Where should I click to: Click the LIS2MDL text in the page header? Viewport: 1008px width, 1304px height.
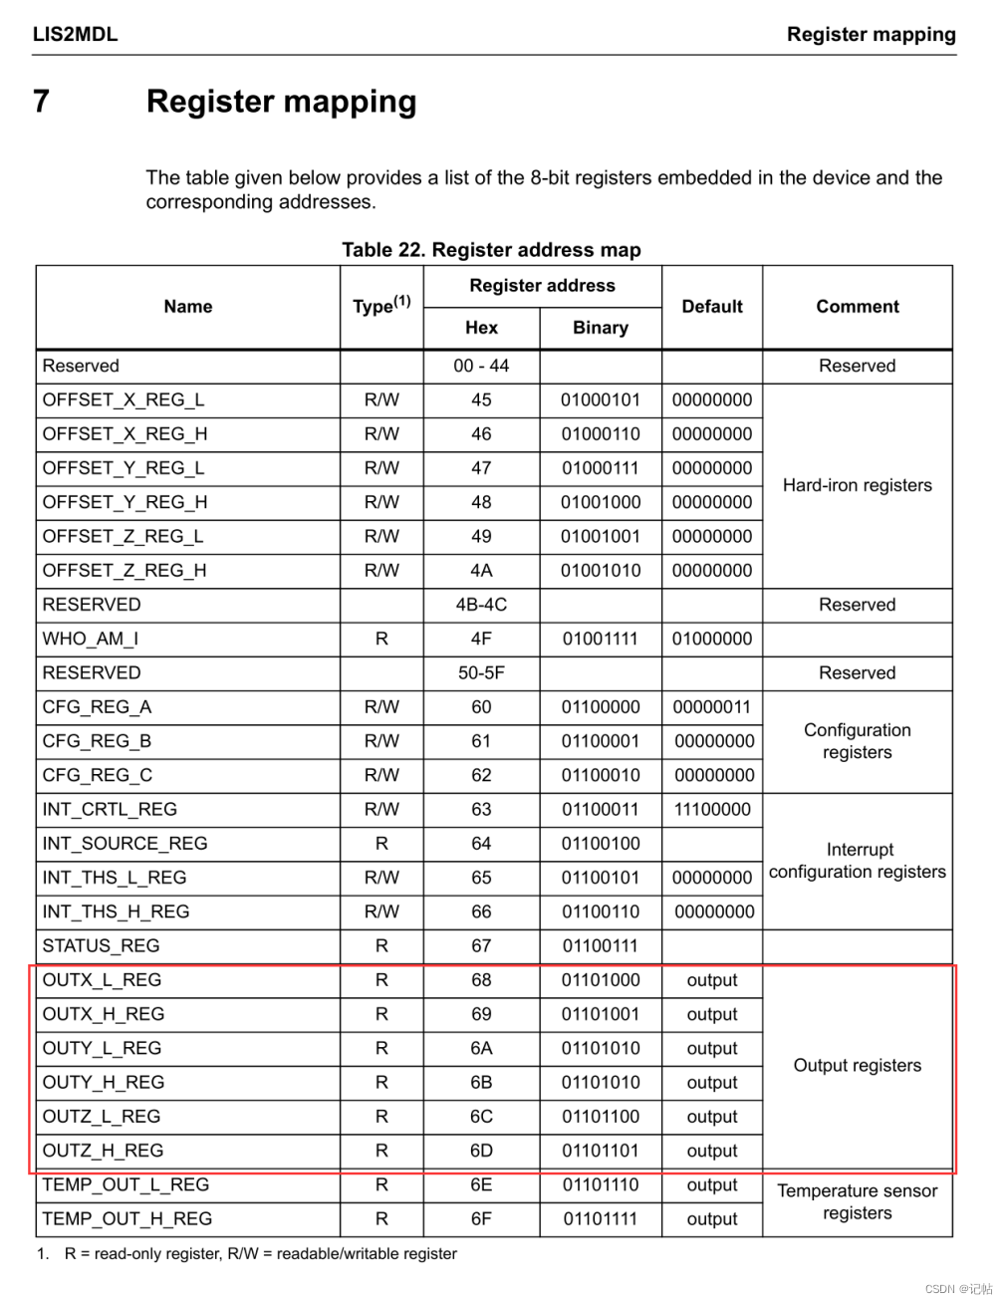click(x=75, y=34)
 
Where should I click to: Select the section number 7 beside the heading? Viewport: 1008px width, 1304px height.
click(x=41, y=102)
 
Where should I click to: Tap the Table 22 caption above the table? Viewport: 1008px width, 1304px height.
click(x=491, y=250)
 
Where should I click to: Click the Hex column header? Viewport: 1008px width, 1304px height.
click(x=481, y=328)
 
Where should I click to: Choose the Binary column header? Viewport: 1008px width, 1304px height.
click(x=601, y=328)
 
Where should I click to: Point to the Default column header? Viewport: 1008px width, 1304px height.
click(x=712, y=307)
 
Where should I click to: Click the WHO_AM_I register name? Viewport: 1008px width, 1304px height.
click(x=91, y=639)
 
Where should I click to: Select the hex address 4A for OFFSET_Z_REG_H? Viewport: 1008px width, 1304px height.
click(x=481, y=571)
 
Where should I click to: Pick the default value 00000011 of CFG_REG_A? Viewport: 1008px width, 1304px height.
click(x=712, y=707)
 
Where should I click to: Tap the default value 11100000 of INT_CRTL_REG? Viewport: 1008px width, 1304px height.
click(x=712, y=810)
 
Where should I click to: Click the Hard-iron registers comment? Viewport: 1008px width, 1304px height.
click(x=857, y=485)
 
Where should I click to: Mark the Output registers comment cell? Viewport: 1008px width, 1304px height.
click(x=857, y=1066)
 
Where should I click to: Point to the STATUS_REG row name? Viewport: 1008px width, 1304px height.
click(x=101, y=946)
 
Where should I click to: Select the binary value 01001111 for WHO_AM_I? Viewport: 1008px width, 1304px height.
click(x=601, y=639)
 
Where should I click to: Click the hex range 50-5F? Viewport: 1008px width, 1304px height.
click(x=481, y=673)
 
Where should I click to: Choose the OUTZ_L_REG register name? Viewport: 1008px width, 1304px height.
click(x=102, y=1117)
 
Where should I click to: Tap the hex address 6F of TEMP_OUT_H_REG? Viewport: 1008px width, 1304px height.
click(x=481, y=1219)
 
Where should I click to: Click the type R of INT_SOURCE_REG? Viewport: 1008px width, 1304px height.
click(x=381, y=844)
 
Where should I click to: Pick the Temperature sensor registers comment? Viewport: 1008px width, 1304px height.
click(x=857, y=1202)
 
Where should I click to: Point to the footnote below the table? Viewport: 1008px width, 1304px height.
click(x=260, y=1254)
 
